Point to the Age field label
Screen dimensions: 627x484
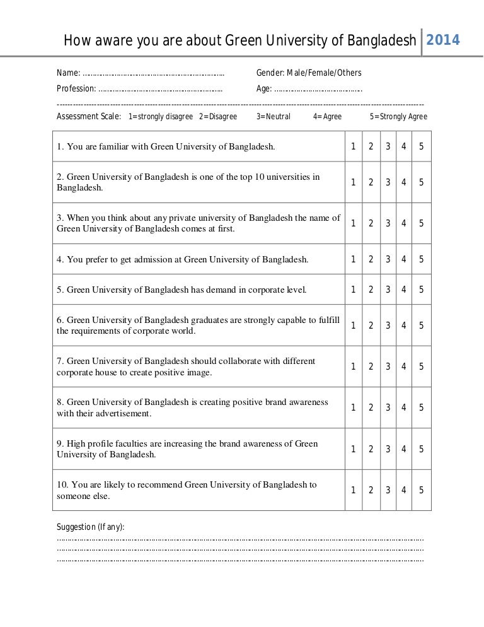(x=263, y=88)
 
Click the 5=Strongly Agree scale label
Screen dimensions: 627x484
(x=398, y=117)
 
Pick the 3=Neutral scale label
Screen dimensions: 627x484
(x=274, y=117)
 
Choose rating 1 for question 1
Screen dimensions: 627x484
(x=354, y=147)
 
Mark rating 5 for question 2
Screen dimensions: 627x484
(x=421, y=182)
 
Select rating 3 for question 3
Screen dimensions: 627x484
(x=388, y=223)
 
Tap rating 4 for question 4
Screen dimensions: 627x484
(x=404, y=259)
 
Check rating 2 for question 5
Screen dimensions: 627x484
(x=371, y=290)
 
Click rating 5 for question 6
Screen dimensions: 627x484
(x=421, y=325)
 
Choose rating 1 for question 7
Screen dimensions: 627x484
(x=354, y=366)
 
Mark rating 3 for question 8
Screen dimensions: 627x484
(x=388, y=407)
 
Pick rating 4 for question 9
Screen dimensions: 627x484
(x=404, y=448)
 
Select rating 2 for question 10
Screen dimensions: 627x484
(x=371, y=489)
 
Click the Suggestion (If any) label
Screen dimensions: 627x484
(x=91, y=527)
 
